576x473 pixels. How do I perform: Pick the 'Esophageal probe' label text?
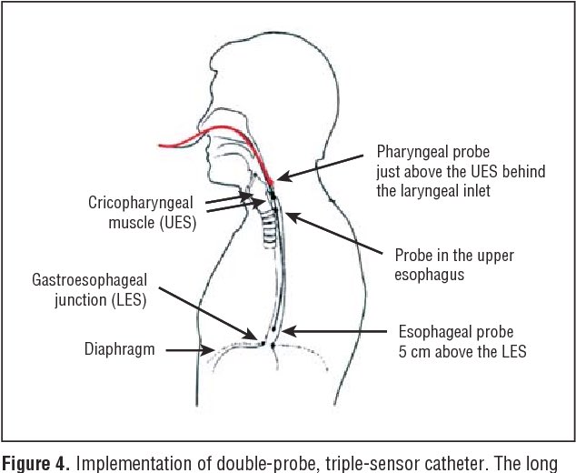coord(451,331)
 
